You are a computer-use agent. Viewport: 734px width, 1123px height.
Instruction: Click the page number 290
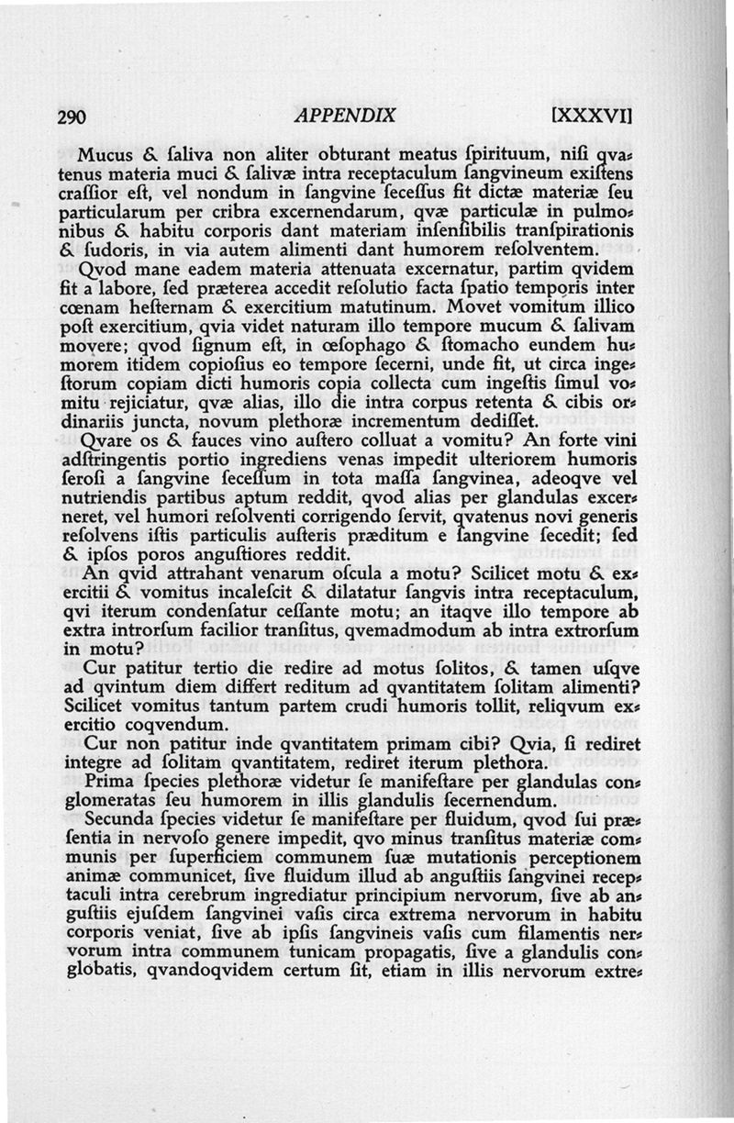coord(71,117)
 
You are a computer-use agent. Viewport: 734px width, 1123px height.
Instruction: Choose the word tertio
coord(206,673)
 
